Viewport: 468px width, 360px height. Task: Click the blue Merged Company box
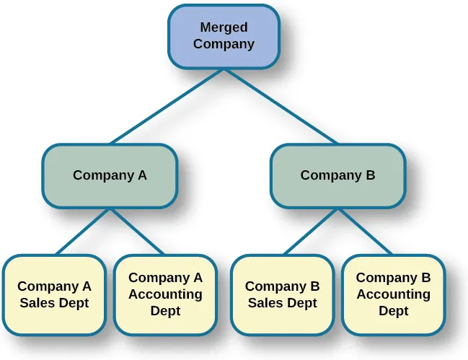point(224,36)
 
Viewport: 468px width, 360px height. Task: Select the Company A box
point(110,175)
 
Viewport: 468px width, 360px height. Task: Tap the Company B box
point(337,175)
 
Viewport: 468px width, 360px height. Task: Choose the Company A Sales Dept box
point(54,294)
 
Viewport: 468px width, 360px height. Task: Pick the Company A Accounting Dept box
point(165,294)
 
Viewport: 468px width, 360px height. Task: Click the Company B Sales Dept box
point(282,294)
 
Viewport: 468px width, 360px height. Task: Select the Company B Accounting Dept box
point(393,294)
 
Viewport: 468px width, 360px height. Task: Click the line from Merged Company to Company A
point(167,107)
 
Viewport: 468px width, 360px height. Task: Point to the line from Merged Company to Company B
point(281,107)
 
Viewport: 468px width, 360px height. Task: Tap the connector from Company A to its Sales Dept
point(83,231)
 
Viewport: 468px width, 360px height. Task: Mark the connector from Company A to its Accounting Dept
point(137,231)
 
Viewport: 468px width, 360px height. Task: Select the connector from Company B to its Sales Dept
point(311,231)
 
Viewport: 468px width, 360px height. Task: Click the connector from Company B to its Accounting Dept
point(365,231)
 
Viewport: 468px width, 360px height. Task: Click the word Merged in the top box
point(224,27)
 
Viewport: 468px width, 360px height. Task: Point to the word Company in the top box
point(224,44)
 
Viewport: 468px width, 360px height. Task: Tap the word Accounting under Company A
point(165,294)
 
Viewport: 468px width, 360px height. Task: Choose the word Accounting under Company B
point(393,294)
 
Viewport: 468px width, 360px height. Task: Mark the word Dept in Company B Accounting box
point(393,312)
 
